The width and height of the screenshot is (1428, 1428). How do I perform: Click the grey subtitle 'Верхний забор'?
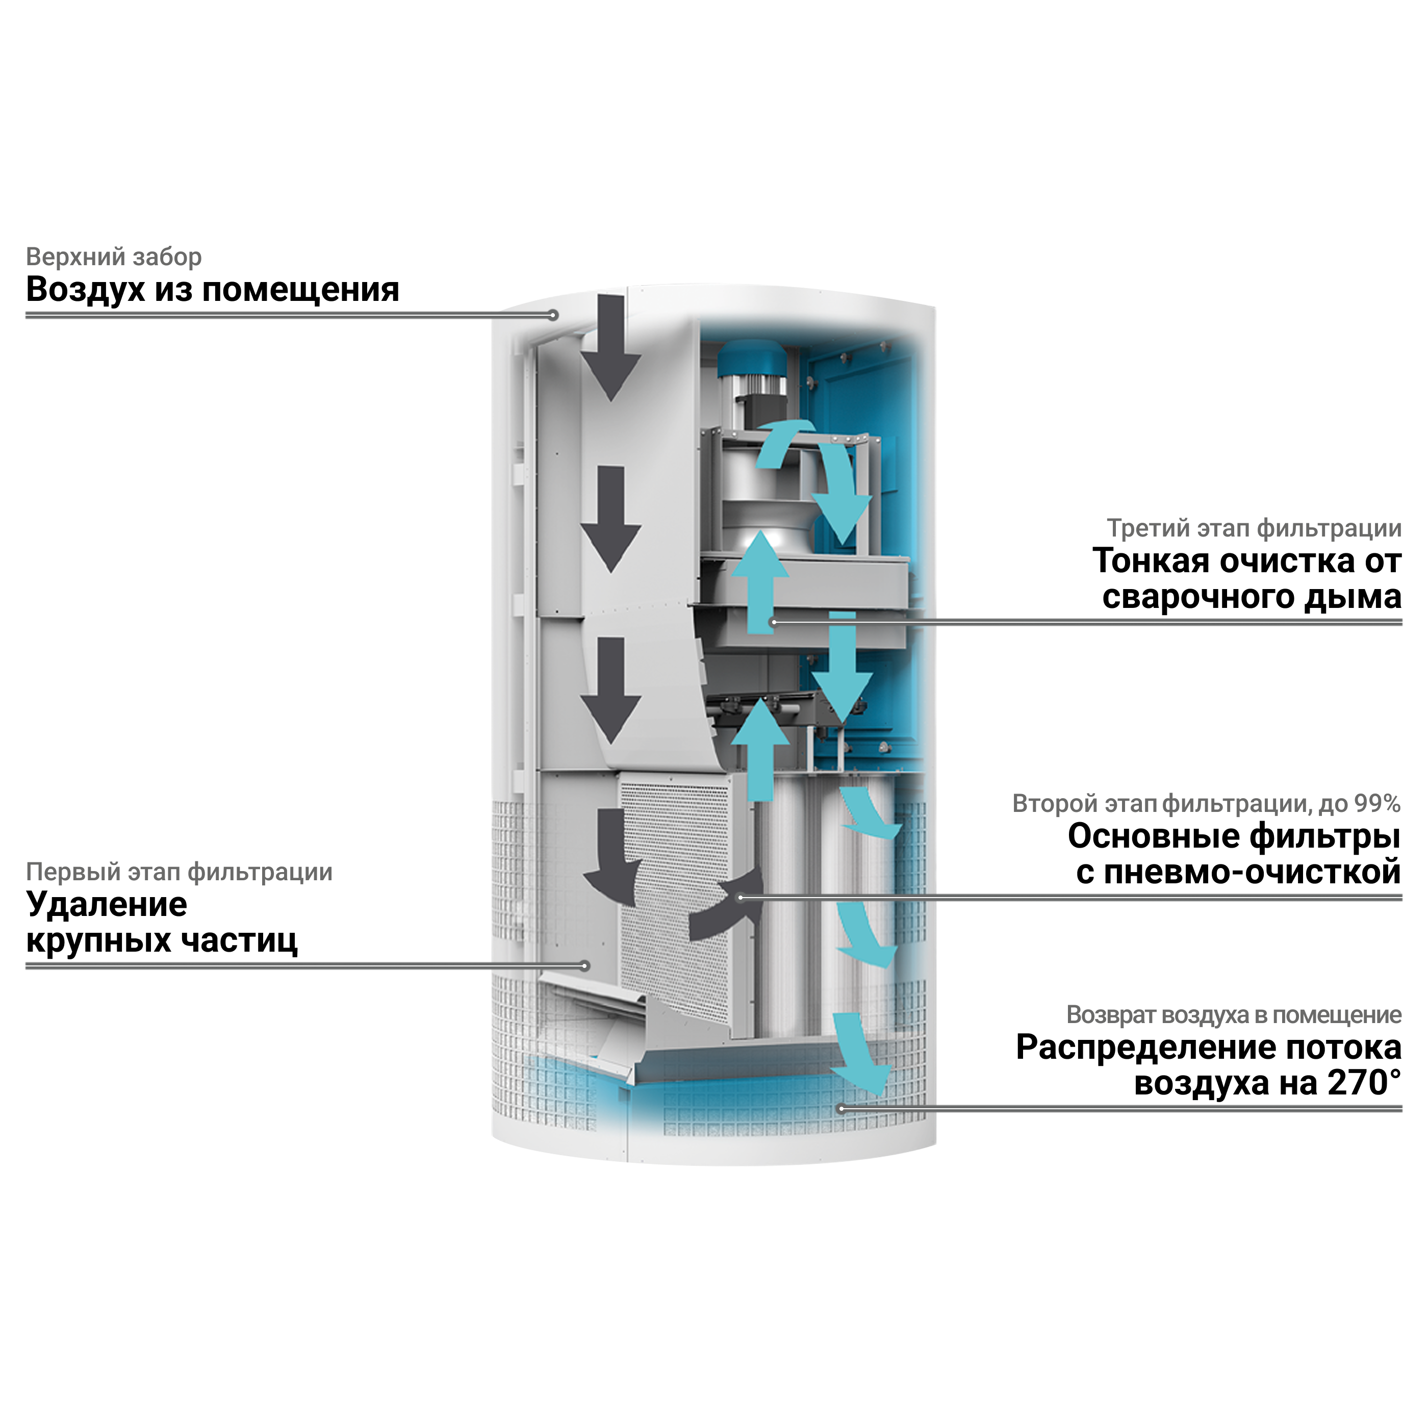click(113, 257)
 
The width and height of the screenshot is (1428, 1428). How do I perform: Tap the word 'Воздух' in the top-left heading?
click(85, 289)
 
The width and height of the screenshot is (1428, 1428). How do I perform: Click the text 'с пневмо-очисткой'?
click(1238, 872)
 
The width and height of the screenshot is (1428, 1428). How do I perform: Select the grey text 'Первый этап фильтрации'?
click(179, 872)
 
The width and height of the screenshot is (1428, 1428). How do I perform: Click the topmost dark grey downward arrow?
click(610, 346)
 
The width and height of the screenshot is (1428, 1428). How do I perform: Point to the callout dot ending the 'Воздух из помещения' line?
click(552, 316)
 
